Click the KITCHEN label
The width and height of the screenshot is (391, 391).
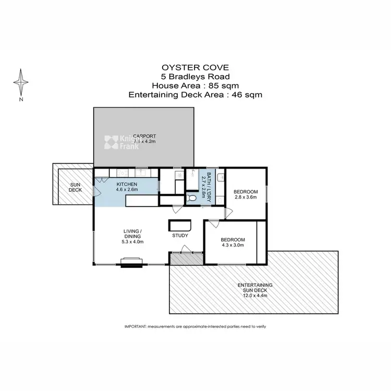(x=126, y=184)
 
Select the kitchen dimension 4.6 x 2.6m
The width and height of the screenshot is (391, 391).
(x=127, y=190)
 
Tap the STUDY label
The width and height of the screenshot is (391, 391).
(x=180, y=236)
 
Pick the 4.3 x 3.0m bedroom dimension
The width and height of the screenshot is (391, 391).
(x=232, y=246)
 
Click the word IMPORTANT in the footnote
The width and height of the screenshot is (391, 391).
(x=135, y=326)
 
